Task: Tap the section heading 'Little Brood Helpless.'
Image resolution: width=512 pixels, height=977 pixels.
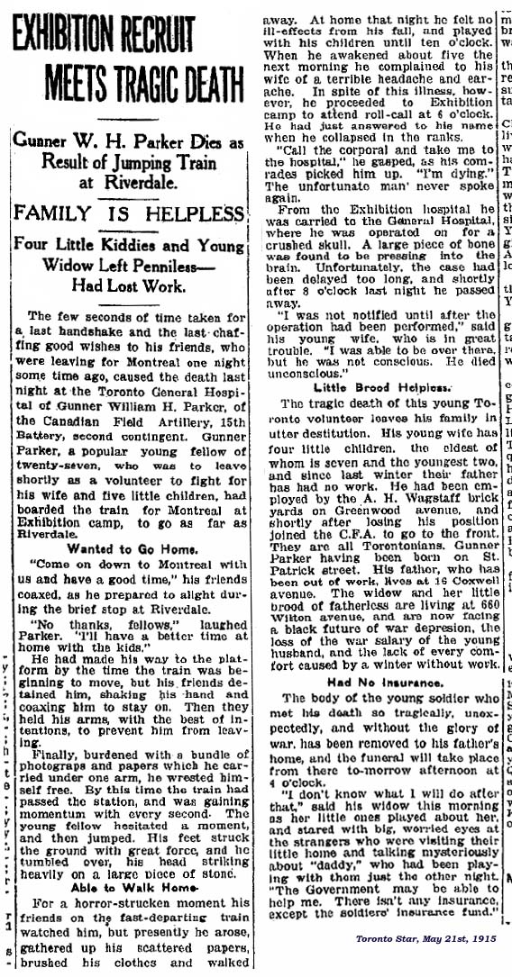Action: [x=382, y=385]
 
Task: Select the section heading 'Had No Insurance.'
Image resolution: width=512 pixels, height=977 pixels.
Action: [x=381, y=683]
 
